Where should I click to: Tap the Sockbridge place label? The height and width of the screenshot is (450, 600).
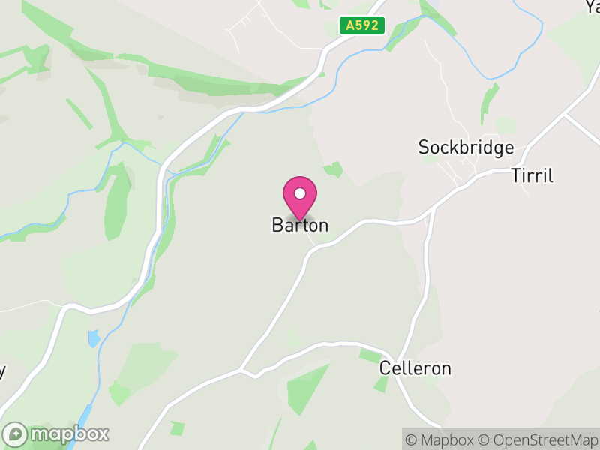click(466, 147)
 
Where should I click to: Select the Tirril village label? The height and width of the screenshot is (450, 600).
click(532, 175)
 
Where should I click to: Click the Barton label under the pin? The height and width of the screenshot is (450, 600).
click(300, 225)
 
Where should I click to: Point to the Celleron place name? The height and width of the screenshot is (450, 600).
click(415, 368)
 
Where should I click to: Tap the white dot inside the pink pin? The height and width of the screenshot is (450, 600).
click(300, 193)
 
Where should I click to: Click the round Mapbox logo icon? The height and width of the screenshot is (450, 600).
click(16, 434)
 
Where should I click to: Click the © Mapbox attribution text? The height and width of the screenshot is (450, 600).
click(439, 439)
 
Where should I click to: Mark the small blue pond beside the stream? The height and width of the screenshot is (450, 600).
click(94, 338)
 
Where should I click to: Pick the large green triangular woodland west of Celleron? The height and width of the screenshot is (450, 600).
click(309, 386)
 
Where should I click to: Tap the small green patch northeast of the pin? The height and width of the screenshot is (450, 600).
click(334, 169)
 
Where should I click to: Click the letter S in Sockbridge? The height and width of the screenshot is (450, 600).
click(423, 147)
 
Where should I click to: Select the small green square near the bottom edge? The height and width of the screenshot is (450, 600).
click(177, 428)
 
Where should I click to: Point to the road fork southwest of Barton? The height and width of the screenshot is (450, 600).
click(241, 370)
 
